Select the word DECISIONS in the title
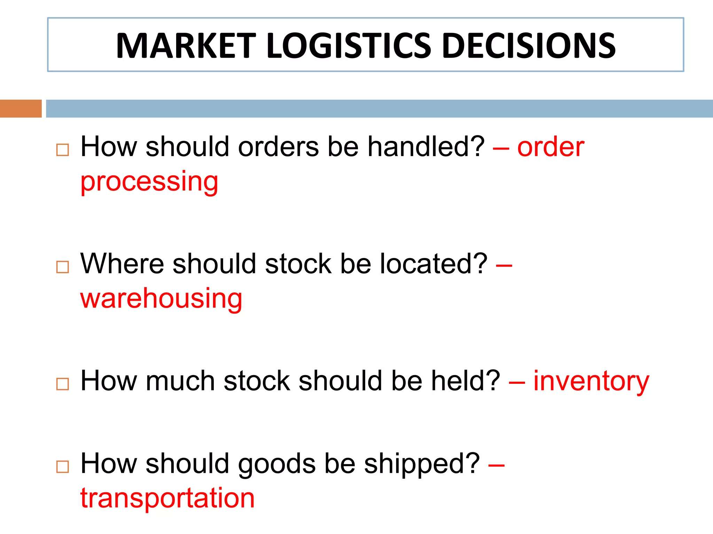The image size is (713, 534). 529,46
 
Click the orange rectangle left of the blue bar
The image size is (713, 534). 21,108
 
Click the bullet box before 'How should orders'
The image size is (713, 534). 63,150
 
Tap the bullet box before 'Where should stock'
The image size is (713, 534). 63,267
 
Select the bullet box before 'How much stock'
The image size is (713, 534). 63,384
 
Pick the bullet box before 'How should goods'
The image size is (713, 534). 63,467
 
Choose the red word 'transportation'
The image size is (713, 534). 167,498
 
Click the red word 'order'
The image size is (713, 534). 551,147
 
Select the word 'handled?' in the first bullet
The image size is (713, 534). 426,147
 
